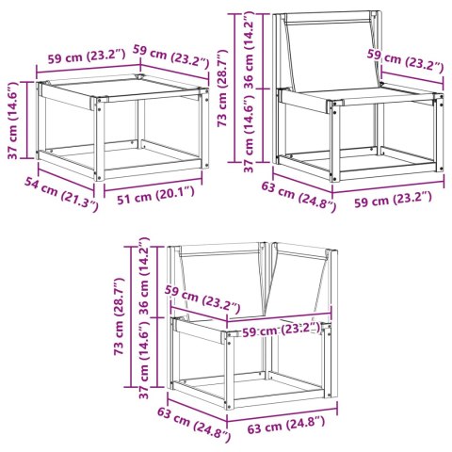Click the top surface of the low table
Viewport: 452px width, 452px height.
121,90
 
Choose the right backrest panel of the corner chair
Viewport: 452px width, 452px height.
299,279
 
